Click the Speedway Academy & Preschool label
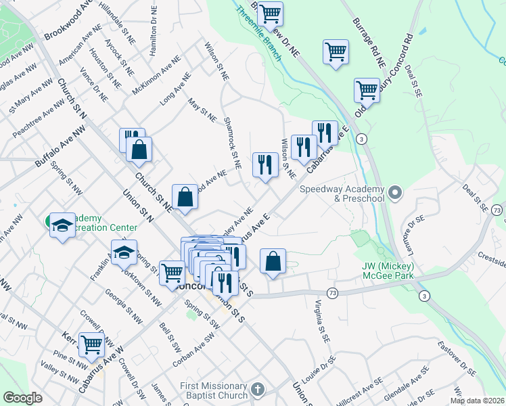click(342, 194)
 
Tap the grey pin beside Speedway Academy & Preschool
click(395, 194)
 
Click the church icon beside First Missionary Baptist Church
click(256, 389)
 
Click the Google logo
click(22, 398)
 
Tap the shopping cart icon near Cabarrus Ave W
click(91, 344)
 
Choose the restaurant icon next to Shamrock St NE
click(264, 164)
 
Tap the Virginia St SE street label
click(321, 319)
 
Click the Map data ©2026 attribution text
click(477, 401)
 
